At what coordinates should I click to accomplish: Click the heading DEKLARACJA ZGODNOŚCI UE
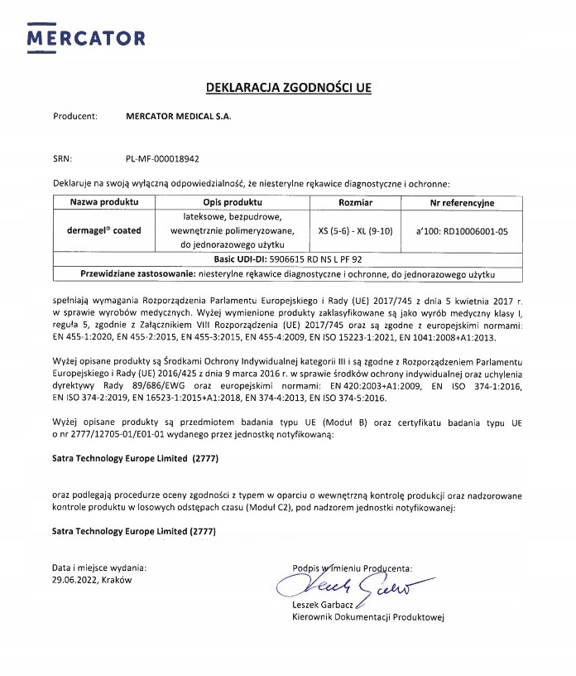pyautogui.click(x=287, y=86)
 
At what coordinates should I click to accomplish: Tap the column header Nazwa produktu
pyautogui.click(x=104, y=202)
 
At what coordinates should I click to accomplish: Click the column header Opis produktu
pyautogui.click(x=232, y=202)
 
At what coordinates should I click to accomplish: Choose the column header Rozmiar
pyautogui.click(x=356, y=202)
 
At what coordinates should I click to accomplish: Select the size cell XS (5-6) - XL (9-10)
pyautogui.click(x=356, y=229)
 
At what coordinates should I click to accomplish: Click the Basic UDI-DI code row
pyautogui.click(x=287, y=258)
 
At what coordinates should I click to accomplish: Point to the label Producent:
pyautogui.click(x=75, y=117)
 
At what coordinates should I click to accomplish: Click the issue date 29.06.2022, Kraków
pyautogui.click(x=92, y=581)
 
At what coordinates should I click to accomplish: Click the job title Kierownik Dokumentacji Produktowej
pyautogui.click(x=368, y=617)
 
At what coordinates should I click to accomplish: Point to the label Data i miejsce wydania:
pyautogui.click(x=98, y=567)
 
